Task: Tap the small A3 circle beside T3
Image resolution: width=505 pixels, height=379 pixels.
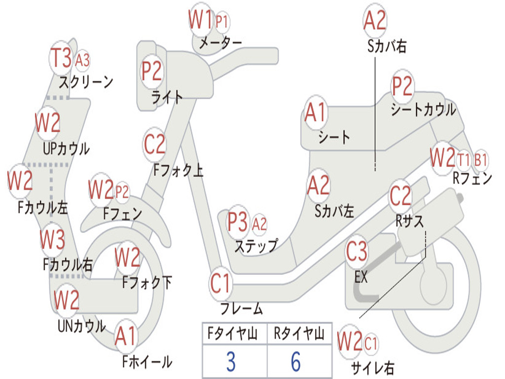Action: tap(82, 60)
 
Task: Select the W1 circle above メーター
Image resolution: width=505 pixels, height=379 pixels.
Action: tap(201, 20)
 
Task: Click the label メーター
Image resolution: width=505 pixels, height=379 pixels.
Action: tap(220, 43)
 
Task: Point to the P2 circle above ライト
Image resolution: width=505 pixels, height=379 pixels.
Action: tap(151, 71)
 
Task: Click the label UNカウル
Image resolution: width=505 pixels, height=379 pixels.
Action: tap(81, 326)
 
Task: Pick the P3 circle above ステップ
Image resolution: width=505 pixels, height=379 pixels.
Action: tap(238, 223)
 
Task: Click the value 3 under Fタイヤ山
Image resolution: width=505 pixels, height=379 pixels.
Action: tap(231, 362)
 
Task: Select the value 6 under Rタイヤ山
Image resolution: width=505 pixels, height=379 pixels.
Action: tap(295, 362)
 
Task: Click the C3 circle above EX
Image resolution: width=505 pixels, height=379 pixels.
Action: tap(357, 252)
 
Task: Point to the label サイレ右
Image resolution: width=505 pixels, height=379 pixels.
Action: tap(372, 367)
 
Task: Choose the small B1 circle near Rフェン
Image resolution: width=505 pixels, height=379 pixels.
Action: tap(481, 160)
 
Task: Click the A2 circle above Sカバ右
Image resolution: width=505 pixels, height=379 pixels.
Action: tap(375, 20)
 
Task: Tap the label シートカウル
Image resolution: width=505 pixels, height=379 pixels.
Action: tap(423, 110)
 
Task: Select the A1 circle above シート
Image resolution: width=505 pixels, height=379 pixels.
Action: tap(316, 113)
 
